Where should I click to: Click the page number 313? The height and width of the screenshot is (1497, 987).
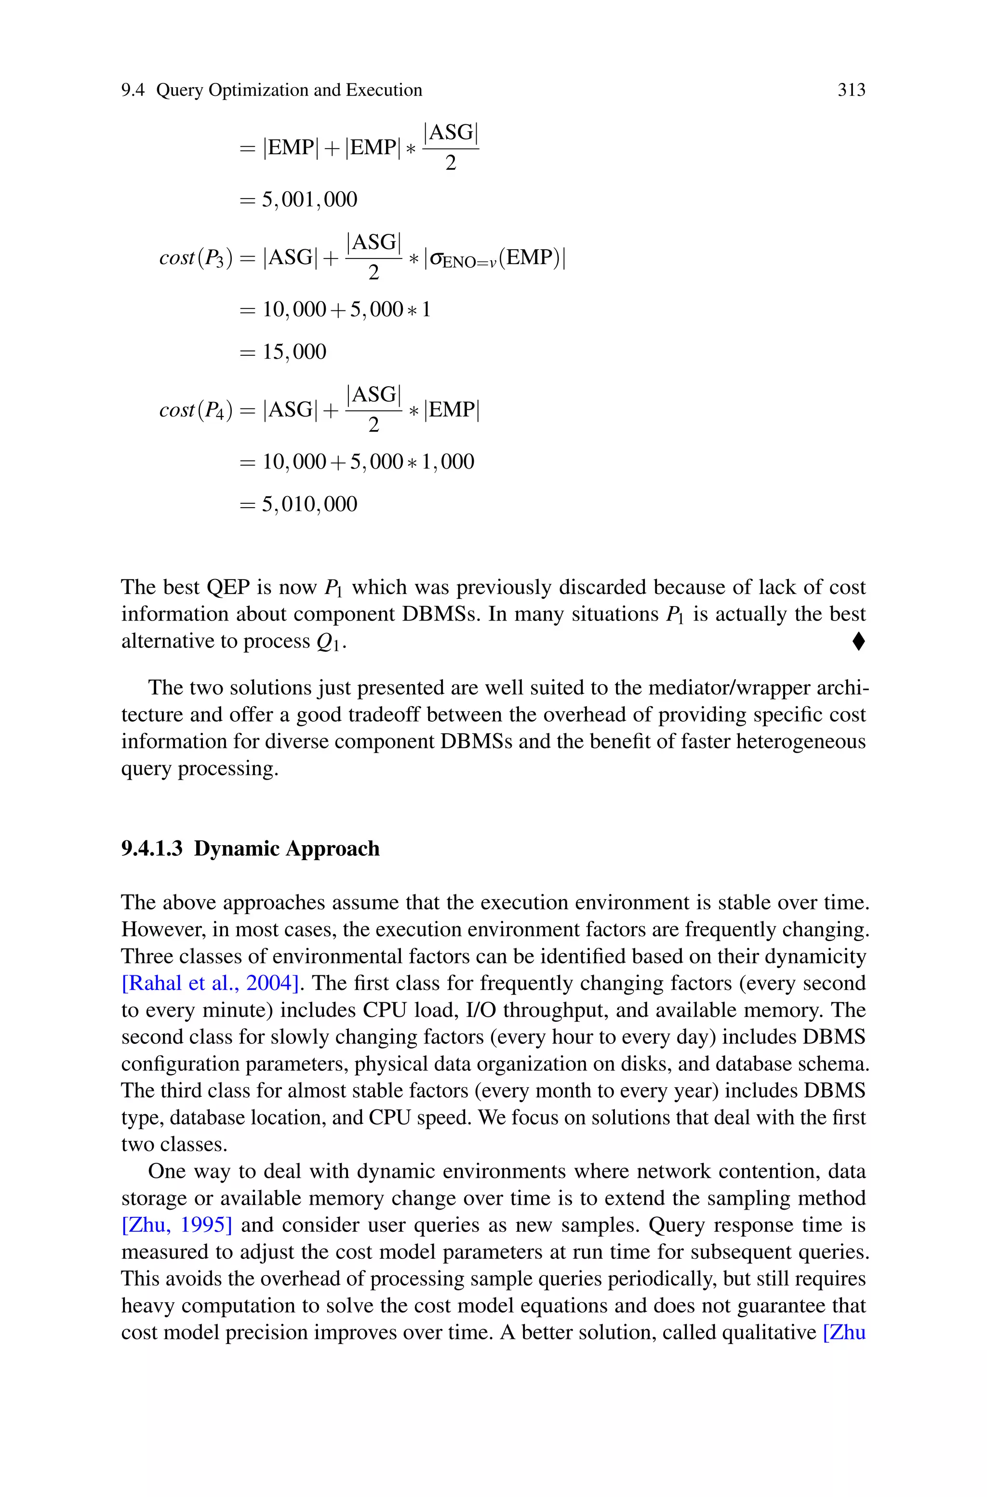point(851,91)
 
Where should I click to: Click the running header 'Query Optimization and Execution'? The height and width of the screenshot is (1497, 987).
point(289,91)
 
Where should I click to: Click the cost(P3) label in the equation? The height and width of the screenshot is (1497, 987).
point(196,258)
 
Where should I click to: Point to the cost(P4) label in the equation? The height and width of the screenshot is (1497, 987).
point(196,410)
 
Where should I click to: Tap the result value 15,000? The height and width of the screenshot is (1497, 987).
point(294,352)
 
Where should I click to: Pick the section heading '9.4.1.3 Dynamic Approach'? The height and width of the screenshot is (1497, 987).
point(251,849)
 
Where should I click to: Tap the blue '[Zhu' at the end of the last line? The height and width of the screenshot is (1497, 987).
point(844,1333)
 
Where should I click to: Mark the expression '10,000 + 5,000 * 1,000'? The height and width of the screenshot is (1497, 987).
point(368,462)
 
